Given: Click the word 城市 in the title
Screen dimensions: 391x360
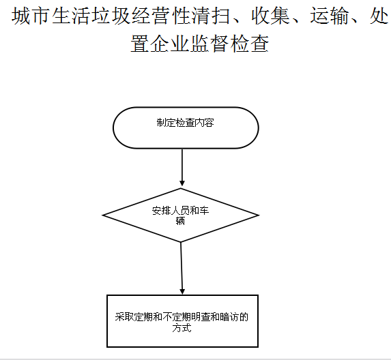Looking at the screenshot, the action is click(x=31, y=16).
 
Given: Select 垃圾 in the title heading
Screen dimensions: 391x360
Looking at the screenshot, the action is click(x=110, y=16).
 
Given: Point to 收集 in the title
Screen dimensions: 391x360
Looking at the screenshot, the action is click(x=270, y=16).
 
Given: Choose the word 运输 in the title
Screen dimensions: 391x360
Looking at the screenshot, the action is click(x=330, y=16).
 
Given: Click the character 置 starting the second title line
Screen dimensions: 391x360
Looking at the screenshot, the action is click(x=140, y=44).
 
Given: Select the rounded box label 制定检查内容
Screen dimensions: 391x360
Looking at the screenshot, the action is click(x=186, y=123).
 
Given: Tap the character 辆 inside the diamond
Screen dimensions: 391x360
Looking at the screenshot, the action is click(x=180, y=221).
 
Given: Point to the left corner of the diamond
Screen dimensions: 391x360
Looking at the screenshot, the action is click(x=102, y=215).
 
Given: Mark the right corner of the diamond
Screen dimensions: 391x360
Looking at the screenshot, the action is click(x=259, y=215).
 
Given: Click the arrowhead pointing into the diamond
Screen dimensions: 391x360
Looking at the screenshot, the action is click(x=182, y=183).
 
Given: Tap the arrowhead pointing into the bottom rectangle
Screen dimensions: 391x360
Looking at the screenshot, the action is click(x=182, y=292).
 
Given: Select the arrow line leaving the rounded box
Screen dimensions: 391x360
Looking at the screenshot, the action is click(x=182, y=167).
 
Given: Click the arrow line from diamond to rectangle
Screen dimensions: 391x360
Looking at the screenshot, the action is click(x=182, y=269).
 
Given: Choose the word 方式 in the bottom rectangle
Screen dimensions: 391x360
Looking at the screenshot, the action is click(x=182, y=327).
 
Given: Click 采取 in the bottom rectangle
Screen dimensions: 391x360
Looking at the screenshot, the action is click(x=124, y=317).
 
